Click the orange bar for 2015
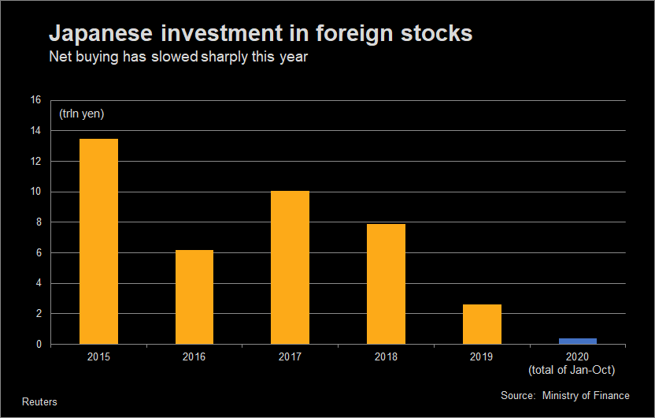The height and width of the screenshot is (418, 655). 99,241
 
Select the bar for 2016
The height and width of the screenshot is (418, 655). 194,297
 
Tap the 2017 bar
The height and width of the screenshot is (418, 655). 290,267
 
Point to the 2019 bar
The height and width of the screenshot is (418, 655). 482,324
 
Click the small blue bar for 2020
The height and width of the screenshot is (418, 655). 577,341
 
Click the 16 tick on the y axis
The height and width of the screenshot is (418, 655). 35,100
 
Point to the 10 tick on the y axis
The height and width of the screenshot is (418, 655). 35,192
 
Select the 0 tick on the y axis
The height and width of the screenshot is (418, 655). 38,345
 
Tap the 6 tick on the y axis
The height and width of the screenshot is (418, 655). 38,253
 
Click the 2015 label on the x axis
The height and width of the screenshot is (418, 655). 99,357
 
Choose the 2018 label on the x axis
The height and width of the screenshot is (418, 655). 386,357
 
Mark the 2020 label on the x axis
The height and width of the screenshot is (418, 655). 577,357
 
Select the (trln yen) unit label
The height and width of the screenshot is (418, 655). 81,114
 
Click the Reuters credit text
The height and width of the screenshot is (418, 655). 39,401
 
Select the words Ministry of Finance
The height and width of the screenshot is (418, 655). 586,395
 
